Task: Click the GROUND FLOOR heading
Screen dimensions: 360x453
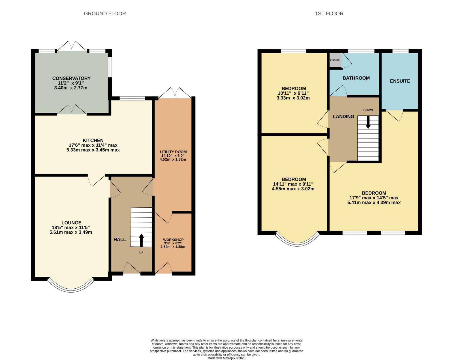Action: click(105, 14)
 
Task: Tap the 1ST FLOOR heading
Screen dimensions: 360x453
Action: click(329, 14)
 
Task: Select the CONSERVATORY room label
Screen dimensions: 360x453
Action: click(71, 78)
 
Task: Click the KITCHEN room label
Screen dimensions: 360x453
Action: click(93, 140)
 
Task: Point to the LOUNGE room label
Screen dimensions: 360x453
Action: click(71, 223)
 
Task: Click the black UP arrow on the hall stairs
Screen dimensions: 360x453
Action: click(141, 240)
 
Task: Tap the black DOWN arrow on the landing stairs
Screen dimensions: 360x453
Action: click(368, 122)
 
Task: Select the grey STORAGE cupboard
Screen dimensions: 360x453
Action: click(335, 60)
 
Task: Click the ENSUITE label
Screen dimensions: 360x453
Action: click(400, 81)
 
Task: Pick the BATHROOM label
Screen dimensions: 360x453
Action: click(356, 78)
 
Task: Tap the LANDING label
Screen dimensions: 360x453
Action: click(343, 117)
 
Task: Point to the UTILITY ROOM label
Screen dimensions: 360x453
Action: click(174, 152)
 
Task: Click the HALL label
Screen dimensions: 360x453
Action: click(120, 240)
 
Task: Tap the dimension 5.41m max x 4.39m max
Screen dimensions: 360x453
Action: click(374, 203)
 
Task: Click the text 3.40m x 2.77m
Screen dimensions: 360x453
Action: click(71, 88)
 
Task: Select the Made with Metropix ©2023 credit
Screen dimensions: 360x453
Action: click(226, 358)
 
